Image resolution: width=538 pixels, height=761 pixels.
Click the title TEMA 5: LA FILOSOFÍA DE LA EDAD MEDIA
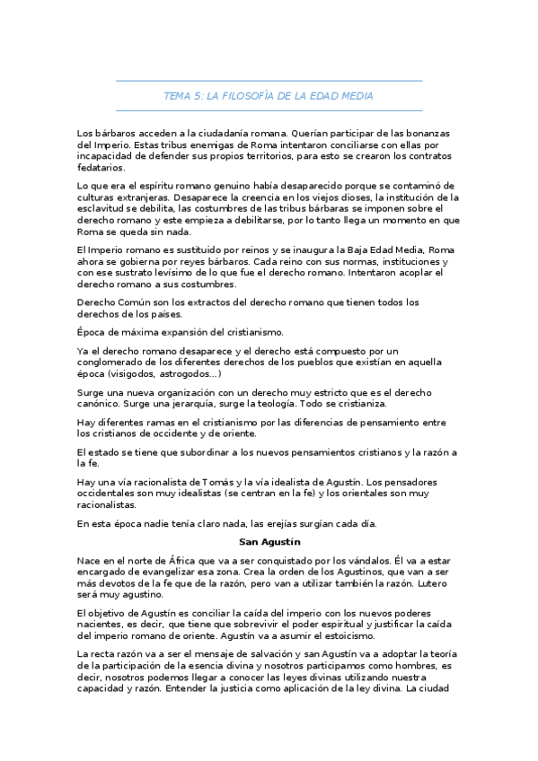(x=269, y=96)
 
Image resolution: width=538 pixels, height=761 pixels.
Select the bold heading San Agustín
(x=269, y=542)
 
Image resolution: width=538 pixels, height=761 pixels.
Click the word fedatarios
(x=101, y=168)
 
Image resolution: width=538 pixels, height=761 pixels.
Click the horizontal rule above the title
(x=269, y=81)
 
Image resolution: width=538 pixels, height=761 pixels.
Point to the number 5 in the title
(x=198, y=96)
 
